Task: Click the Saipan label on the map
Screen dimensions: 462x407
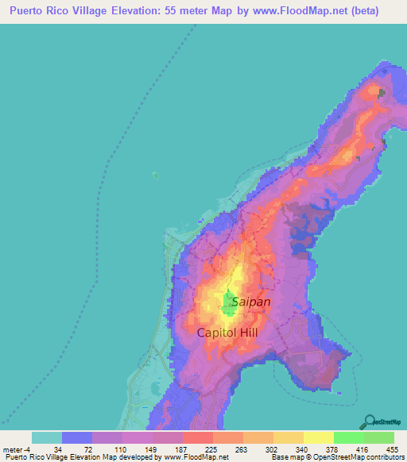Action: tap(250, 302)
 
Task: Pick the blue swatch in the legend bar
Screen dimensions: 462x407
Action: tap(77, 437)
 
